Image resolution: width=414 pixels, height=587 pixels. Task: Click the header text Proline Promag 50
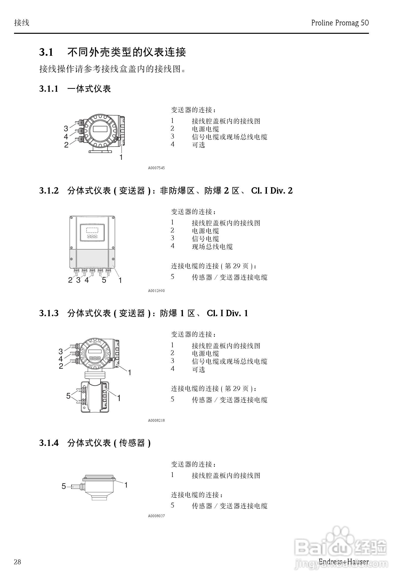pyautogui.click(x=340, y=23)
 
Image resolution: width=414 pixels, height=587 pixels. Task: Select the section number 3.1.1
pyautogui.click(x=49, y=89)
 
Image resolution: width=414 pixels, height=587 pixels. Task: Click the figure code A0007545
pyautogui.click(x=156, y=168)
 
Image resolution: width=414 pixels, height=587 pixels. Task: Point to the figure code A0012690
pyautogui.click(x=156, y=291)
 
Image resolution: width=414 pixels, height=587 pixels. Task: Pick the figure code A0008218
pyautogui.click(x=156, y=420)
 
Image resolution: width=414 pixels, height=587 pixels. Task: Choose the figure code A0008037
pyautogui.click(x=156, y=516)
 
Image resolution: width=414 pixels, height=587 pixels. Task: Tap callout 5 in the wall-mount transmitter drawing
pyautogui.click(x=104, y=280)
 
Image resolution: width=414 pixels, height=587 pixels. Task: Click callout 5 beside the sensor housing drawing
pyautogui.click(x=64, y=486)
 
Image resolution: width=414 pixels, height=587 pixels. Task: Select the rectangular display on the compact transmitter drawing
pyautogui.click(x=99, y=128)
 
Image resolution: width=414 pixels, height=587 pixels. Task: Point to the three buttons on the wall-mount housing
pyautogui.click(x=92, y=237)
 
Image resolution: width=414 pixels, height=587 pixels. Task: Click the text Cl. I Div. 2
pyautogui.click(x=272, y=191)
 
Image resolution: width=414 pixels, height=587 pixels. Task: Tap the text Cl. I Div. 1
pyautogui.click(x=227, y=313)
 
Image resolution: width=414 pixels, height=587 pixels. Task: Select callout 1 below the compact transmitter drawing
pyautogui.click(x=121, y=158)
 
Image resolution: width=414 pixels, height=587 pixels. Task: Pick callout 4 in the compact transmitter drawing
pyautogui.click(x=66, y=137)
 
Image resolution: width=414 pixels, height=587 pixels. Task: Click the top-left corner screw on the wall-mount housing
pyautogui.click(x=71, y=218)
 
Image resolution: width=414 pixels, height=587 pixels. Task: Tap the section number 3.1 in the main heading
pyautogui.click(x=46, y=52)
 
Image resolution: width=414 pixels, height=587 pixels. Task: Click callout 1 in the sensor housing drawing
pyautogui.click(x=126, y=485)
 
